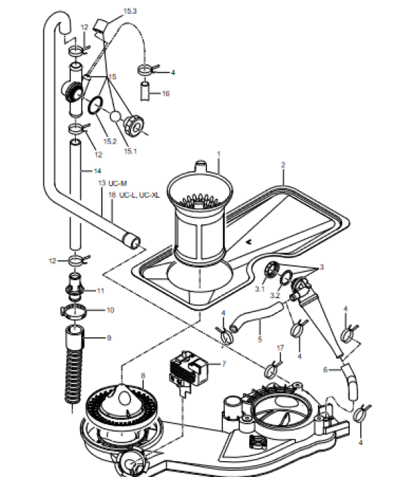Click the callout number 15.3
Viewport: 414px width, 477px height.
[130, 12]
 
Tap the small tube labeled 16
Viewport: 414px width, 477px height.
[146, 90]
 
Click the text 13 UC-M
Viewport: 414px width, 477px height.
[112, 183]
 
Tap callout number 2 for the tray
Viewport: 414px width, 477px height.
[283, 165]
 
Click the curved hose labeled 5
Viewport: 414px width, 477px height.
[255, 319]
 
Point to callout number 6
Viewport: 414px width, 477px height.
[326, 370]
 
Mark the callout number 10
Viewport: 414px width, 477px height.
[110, 310]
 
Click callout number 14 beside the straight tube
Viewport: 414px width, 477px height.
[97, 170]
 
